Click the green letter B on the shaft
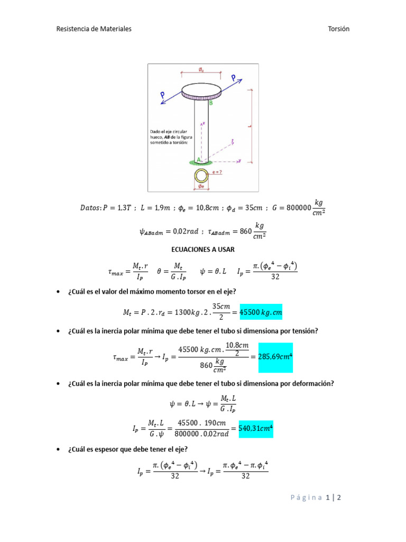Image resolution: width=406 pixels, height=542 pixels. (x=210, y=104)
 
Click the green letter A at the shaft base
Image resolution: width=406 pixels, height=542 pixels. (x=199, y=159)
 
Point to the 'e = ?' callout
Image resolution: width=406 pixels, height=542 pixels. (x=217, y=172)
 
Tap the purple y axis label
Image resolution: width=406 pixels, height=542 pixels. (x=240, y=161)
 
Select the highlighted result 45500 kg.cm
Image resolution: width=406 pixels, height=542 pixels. (x=261, y=312)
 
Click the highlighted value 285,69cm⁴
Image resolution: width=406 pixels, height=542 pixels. (x=275, y=357)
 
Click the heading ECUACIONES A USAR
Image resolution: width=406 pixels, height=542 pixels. (x=202, y=249)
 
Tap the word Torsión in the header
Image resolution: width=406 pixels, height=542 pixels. (x=339, y=29)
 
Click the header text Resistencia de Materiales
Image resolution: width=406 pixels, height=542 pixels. (x=94, y=29)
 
